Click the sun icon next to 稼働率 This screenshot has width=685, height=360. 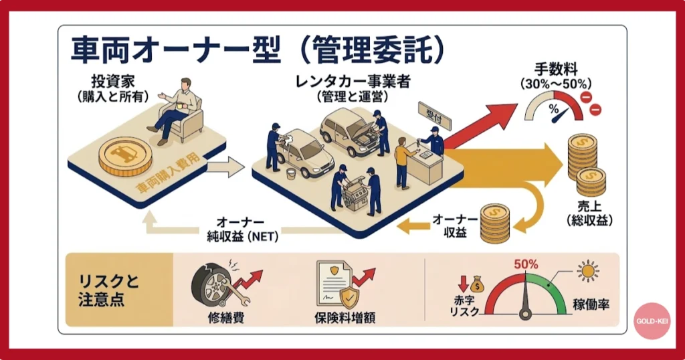(x=589, y=271)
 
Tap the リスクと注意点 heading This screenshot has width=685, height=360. (x=103, y=290)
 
